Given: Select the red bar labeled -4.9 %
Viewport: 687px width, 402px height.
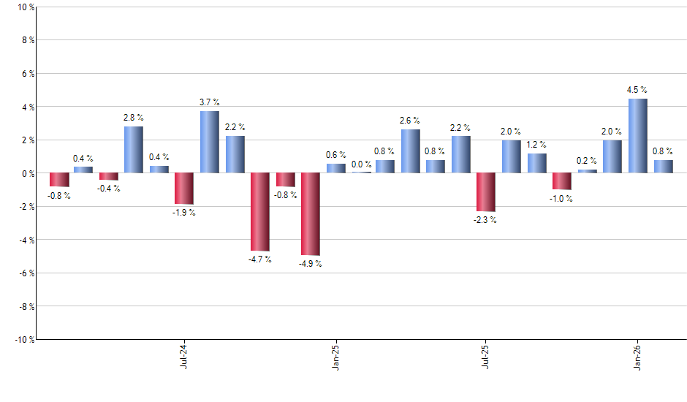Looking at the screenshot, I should (x=311, y=213).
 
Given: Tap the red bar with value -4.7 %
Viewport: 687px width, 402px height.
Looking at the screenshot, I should (x=260, y=212).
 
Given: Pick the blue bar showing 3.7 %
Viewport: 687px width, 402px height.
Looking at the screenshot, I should (x=210, y=142).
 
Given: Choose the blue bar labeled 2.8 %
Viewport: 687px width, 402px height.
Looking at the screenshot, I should (x=134, y=150).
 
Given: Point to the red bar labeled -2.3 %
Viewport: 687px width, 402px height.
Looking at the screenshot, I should (x=486, y=192).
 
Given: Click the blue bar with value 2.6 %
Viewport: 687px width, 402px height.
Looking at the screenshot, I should (x=411, y=151).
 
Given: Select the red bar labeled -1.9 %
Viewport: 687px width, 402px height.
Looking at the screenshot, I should (x=184, y=189).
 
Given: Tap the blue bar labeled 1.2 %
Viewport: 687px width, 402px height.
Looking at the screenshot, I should (x=537, y=163).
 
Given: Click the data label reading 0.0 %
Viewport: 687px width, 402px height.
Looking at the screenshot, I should (x=361, y=164).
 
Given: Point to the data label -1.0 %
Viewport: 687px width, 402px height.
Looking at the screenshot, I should (x=561, y=199).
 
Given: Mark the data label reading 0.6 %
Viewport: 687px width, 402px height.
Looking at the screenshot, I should (x=336, y=155).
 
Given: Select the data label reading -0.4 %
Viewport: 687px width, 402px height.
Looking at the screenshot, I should (x=109, y=189).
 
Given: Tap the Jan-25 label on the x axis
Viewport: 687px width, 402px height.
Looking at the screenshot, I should (x=335, y=355).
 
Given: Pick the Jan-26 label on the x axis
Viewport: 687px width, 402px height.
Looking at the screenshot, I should (x=637, y=355).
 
